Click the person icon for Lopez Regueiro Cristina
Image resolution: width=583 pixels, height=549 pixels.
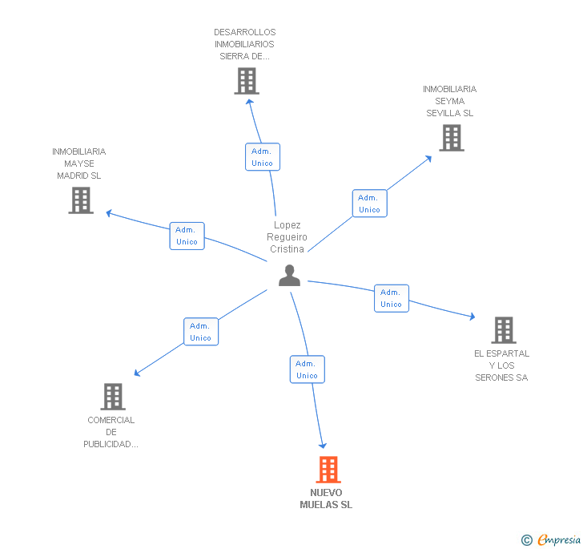289,276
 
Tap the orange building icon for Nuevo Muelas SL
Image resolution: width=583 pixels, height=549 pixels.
328,470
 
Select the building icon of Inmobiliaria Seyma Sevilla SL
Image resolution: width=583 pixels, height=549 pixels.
452,138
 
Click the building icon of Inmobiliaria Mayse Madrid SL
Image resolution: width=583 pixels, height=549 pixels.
81,200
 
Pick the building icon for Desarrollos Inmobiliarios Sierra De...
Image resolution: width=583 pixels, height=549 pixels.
247,81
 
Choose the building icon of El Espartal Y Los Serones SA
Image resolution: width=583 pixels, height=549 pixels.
503,329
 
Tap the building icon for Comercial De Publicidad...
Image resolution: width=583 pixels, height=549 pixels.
113,396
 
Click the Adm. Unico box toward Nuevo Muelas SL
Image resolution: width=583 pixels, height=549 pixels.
307,369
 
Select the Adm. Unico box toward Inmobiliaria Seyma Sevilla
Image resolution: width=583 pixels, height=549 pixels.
369,204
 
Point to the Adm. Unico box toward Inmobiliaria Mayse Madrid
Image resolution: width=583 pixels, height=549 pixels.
187,236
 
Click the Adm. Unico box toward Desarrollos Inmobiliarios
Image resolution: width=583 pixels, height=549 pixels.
262,157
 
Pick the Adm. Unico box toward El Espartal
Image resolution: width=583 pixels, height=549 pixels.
391,298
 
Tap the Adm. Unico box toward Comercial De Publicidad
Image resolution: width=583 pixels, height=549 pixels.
200,332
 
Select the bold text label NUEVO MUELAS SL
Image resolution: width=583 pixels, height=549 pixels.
326,499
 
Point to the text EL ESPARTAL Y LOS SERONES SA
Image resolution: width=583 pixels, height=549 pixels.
501,365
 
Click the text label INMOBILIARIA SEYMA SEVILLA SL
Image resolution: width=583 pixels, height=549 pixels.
449,101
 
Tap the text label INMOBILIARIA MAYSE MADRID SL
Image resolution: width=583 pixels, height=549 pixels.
78,163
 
